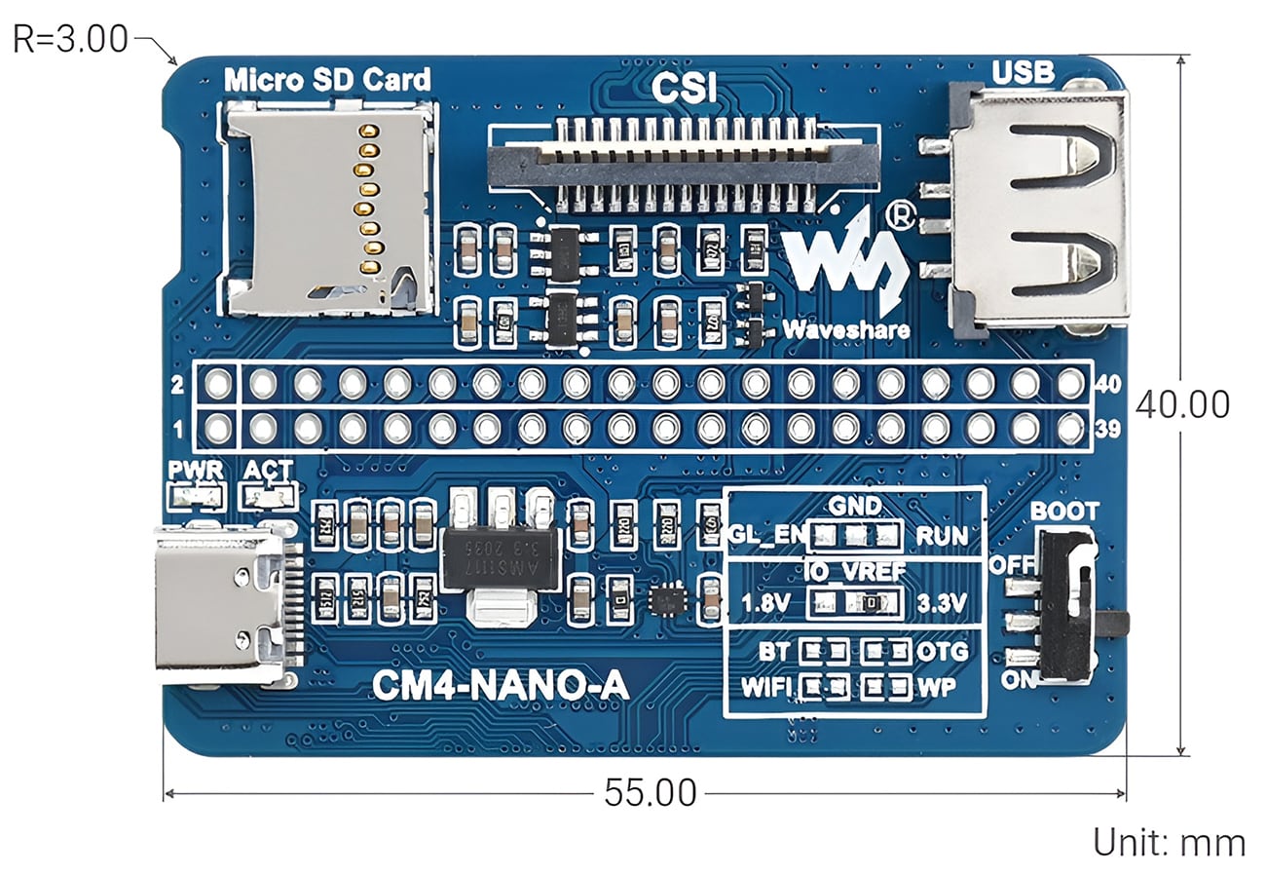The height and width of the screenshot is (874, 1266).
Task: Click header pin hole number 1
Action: coord(219,428)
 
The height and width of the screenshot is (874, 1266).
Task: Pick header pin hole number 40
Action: coord(1070,384)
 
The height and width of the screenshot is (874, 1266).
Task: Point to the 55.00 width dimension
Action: coord(650,793)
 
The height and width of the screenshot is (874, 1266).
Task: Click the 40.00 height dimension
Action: coord(1181,404)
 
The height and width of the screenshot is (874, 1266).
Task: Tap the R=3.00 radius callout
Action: coord(70,39)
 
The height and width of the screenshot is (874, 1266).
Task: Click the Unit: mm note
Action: coord(1169,843)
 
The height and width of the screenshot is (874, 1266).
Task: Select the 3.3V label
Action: coord(941,603)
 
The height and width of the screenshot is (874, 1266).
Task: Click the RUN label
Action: coord(942,536)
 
